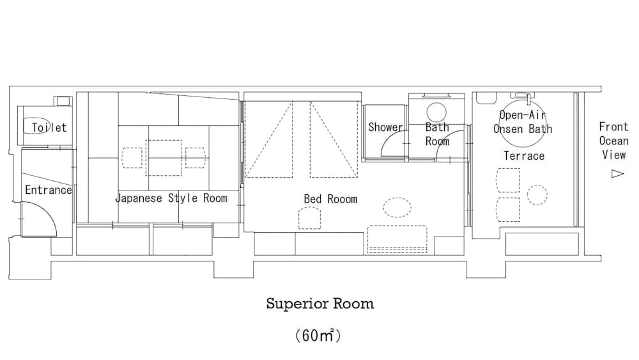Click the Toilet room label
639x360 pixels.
click(x=49, y=127)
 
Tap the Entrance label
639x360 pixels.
click(x=48, y=190)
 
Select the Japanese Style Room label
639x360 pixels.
click(x=171, y=198)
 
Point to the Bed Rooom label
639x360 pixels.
click(x=330, y=199)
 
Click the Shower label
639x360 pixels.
click(x=385, y=127)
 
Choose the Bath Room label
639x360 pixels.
click(x=438, y=134)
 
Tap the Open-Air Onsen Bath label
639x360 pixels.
click(x=523, y=122)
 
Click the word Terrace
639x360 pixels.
click(x=524, y=155)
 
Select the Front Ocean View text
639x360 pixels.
click(x=613, y=141)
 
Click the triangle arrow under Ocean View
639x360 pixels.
click(x=617, y=173)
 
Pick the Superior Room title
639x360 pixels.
click(x=319, y=303)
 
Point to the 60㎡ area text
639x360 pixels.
click(x=318, y=335)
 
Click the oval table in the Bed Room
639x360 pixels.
click(x=397, y=207)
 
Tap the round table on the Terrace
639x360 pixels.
click(x=537, y=194)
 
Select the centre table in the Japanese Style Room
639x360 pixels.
click(x=164, y=157)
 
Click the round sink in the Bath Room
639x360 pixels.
click(x=438, y=109)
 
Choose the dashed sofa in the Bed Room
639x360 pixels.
click(x=397, y=238)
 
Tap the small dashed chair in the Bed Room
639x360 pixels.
click(x=310, y=219)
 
